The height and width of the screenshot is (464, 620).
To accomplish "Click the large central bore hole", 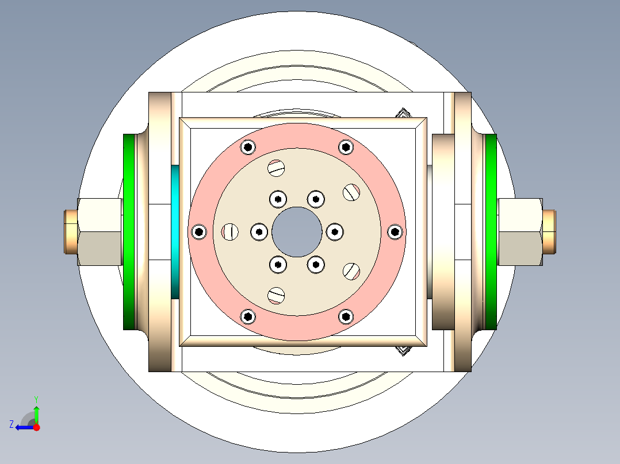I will point(297,232).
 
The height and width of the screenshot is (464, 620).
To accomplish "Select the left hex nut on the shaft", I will point(99,232).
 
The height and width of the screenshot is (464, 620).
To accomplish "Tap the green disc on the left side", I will point(129,232).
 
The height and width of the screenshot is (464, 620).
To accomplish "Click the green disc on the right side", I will point(491,232).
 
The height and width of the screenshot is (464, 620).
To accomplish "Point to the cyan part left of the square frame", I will point(175,232).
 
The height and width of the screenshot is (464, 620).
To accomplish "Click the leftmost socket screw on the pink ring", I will point(199,232).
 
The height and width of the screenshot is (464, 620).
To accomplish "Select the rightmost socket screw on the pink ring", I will point(395,232).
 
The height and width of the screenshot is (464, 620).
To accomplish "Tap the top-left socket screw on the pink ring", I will point(248,147).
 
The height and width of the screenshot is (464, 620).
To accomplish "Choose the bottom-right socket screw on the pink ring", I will point(346,316).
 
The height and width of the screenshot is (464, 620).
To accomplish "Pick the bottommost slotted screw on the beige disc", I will point(277,295).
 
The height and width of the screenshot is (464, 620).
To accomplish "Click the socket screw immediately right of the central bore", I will point(335,232).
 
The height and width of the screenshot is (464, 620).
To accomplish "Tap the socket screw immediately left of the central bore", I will point(259,232).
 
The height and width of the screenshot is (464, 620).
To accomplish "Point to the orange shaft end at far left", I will point(70,232).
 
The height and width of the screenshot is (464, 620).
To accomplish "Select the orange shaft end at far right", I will point(549,232).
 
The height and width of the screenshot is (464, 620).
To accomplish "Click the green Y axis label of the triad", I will point(36,399).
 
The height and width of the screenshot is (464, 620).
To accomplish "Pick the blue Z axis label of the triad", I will point(12,424).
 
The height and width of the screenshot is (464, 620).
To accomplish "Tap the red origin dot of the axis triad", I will point(37,427).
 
